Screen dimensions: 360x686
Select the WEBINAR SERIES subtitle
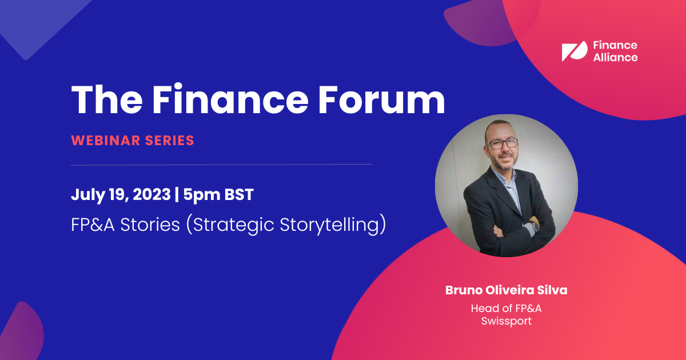(x=133, y=140)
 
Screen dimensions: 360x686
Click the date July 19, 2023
(x=121, y=195)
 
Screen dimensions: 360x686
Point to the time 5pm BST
(x=217, y=195)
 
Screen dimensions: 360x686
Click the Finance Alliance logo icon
(x=574, y=51)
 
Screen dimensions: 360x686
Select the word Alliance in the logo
(x=615, y=57)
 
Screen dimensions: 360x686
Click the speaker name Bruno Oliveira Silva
(x=506, y=290)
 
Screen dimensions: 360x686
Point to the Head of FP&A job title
(x=506, y=308)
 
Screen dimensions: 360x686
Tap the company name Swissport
(x=506, y=321)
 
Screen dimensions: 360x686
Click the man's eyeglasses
(x=502, y=143)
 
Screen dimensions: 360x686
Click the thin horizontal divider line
(x=221, y=164)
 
